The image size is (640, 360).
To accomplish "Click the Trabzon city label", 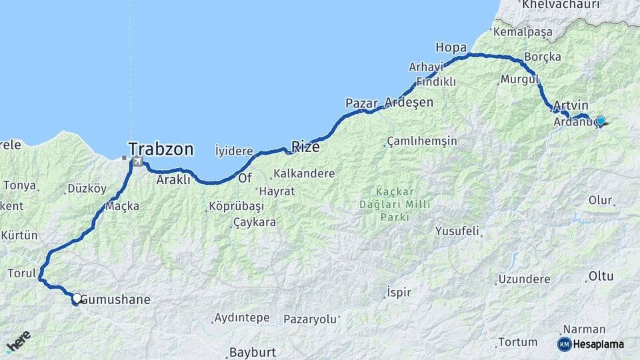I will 161,148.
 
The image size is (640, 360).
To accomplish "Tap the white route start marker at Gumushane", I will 77,299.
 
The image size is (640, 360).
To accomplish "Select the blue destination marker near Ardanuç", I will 601,121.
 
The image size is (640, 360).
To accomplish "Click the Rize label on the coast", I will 305,147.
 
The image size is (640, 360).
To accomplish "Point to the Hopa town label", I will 451,47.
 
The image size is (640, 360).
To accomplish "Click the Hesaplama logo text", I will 599,344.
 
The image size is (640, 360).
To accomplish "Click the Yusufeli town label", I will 457,231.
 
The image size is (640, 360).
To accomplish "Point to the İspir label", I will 399,292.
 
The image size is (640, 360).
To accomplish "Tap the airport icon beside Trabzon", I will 137,161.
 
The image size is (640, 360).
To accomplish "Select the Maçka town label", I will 122,206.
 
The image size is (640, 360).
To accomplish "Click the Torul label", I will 21,273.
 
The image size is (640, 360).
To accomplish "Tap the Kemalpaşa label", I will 525,31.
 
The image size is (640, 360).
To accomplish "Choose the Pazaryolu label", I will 311,319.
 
